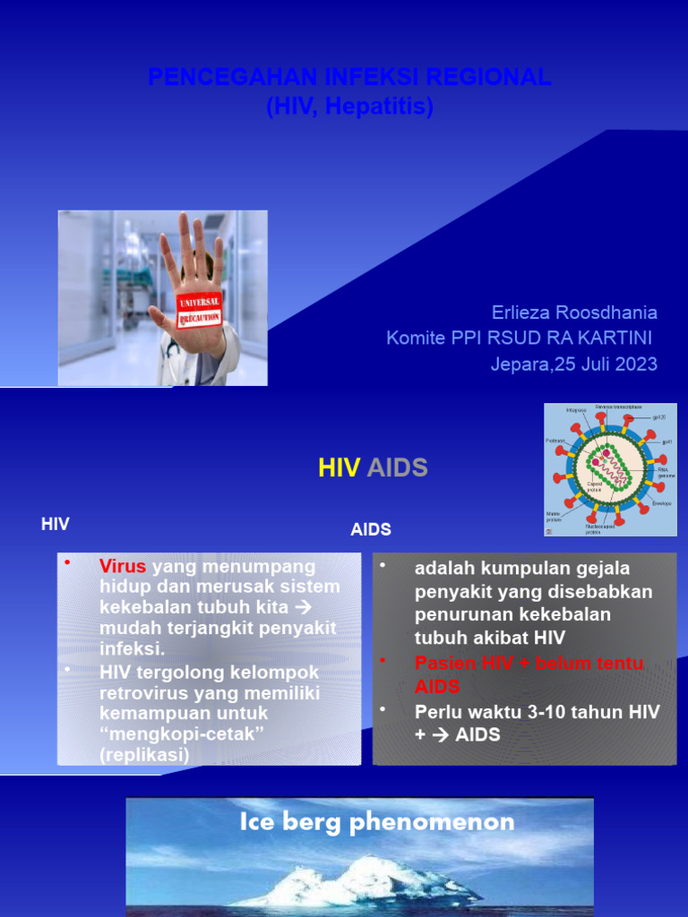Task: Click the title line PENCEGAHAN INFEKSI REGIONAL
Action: (349, 78)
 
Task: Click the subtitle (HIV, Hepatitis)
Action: (349, 107)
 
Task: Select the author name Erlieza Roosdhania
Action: (573, 313)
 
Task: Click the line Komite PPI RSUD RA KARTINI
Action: (520, 339)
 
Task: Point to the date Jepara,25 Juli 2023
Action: (573, 364)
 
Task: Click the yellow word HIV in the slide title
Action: (340, 467)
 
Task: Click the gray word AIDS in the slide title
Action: (398, 467)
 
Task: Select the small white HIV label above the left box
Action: (56, 525)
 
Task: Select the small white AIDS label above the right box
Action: (371, 529)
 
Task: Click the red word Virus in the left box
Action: (122, 567)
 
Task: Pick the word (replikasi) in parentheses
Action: (144, 755)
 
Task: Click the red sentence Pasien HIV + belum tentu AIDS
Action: (529, 674)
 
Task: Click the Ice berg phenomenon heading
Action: (376, 822)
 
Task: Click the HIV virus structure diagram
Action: (609, 469)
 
